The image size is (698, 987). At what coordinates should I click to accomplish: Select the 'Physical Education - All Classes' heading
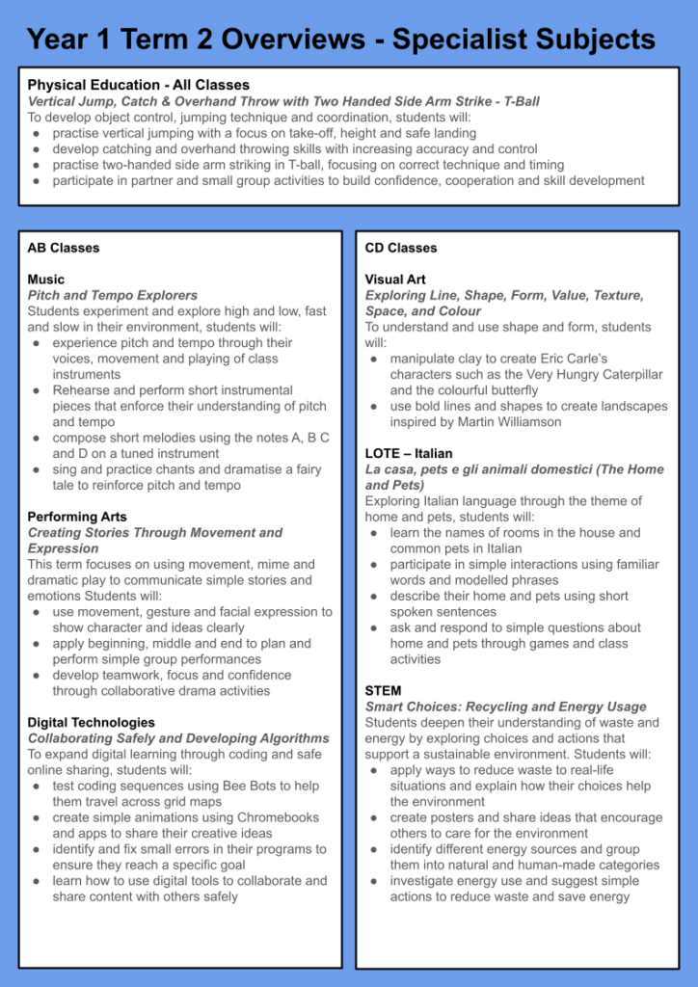tap(138, 85)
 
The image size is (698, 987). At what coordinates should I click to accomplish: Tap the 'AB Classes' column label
tap(64, 248)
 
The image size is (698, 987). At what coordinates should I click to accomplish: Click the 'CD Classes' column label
tap(401, 248)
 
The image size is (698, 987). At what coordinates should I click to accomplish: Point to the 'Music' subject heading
tap(46, 280)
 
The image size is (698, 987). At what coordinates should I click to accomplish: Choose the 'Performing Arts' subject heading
tap(77, 517)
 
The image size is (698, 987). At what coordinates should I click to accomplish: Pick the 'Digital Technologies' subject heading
tap(91, 722)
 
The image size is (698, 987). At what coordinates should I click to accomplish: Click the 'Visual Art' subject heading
tap(395, 280)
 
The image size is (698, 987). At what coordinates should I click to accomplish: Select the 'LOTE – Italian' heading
tap(409, 453)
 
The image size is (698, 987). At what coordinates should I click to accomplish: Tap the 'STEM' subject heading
tap(384, 691)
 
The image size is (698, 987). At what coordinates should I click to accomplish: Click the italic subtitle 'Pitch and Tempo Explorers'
tap(113, 295)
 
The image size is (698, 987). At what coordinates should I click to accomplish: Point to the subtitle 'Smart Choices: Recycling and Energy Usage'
tap(504, 707)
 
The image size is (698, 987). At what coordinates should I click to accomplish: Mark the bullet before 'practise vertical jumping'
tap(36, 133)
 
